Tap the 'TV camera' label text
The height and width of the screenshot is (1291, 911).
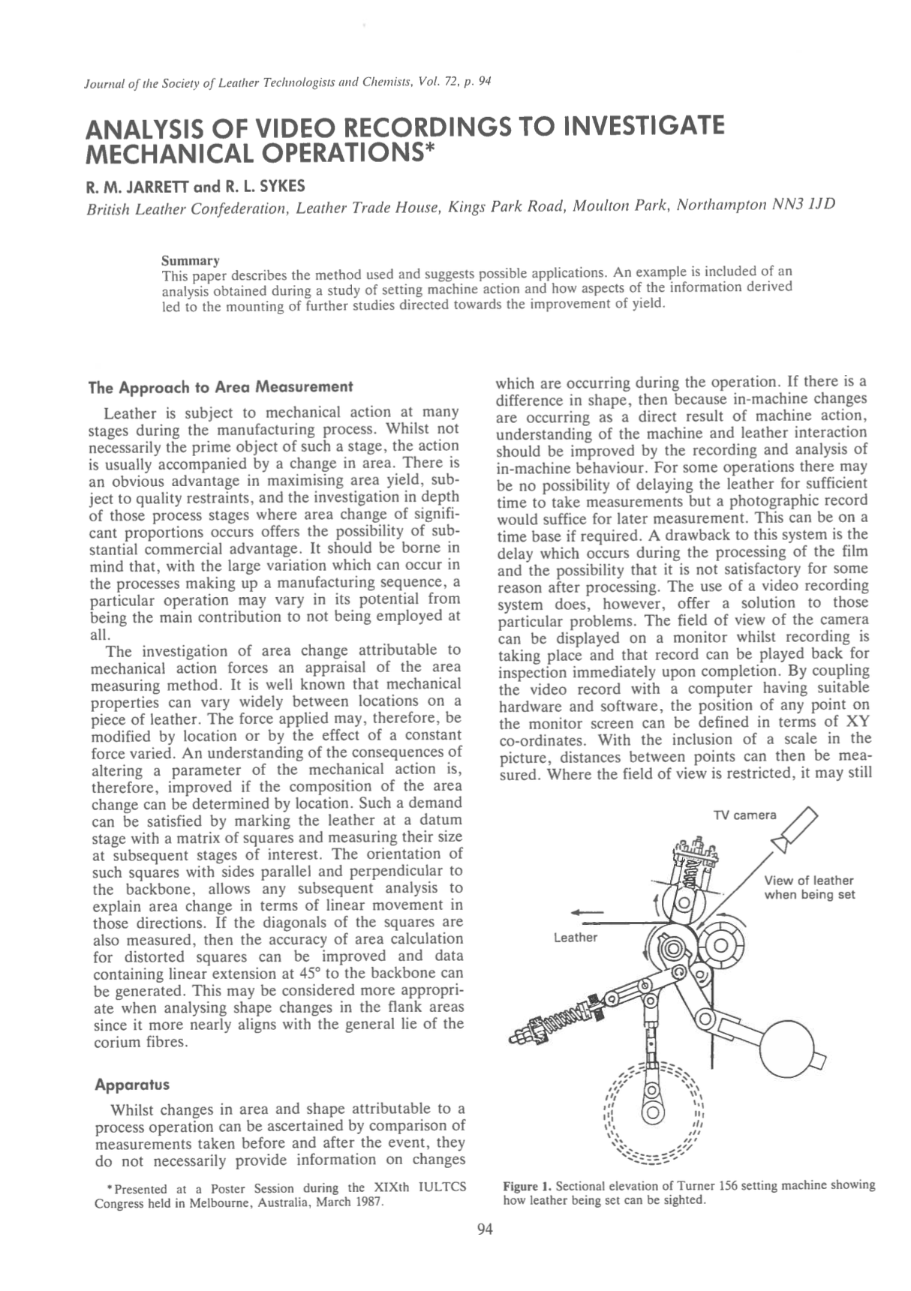tap(744, 815)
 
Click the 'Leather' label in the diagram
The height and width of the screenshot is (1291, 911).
tap(575, 937)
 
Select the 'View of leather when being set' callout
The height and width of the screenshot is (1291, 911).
tap(808, 887)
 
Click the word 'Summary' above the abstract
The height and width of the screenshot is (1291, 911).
tap(191, 261)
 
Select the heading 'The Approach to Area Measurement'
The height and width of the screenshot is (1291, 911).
tap(220, 387)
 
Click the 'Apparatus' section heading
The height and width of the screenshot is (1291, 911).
tap(132, 1084)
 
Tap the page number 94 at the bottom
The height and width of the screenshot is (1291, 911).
tap(485, 1229)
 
